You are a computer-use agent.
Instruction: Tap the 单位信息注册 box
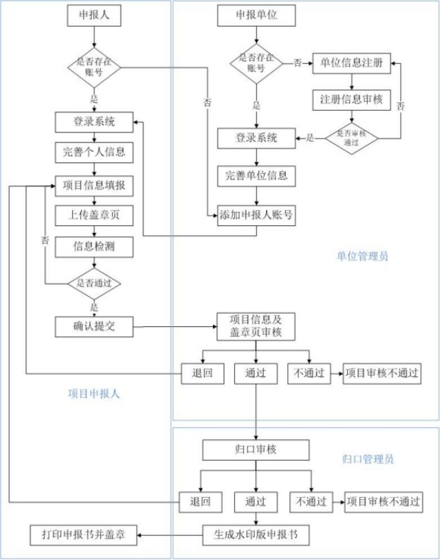351,64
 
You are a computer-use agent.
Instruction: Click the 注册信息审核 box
351,100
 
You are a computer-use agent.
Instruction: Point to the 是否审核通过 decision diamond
351,137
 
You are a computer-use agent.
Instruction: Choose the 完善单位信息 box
256,175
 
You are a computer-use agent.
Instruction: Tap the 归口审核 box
256,449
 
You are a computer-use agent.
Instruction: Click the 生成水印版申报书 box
256,533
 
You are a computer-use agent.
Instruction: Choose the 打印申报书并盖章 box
83,533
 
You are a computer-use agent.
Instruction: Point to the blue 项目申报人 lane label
94,394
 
